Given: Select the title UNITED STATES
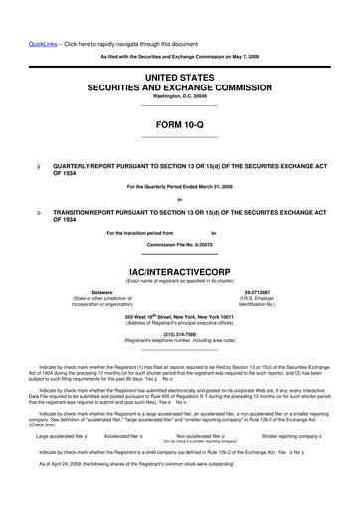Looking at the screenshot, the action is [x=180, y=75].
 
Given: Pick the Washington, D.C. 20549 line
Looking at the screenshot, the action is [x=179, y=96].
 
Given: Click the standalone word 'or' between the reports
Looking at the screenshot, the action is [x=179, y=197].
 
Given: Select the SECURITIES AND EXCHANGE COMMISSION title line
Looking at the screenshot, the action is [x=180, y=85].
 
